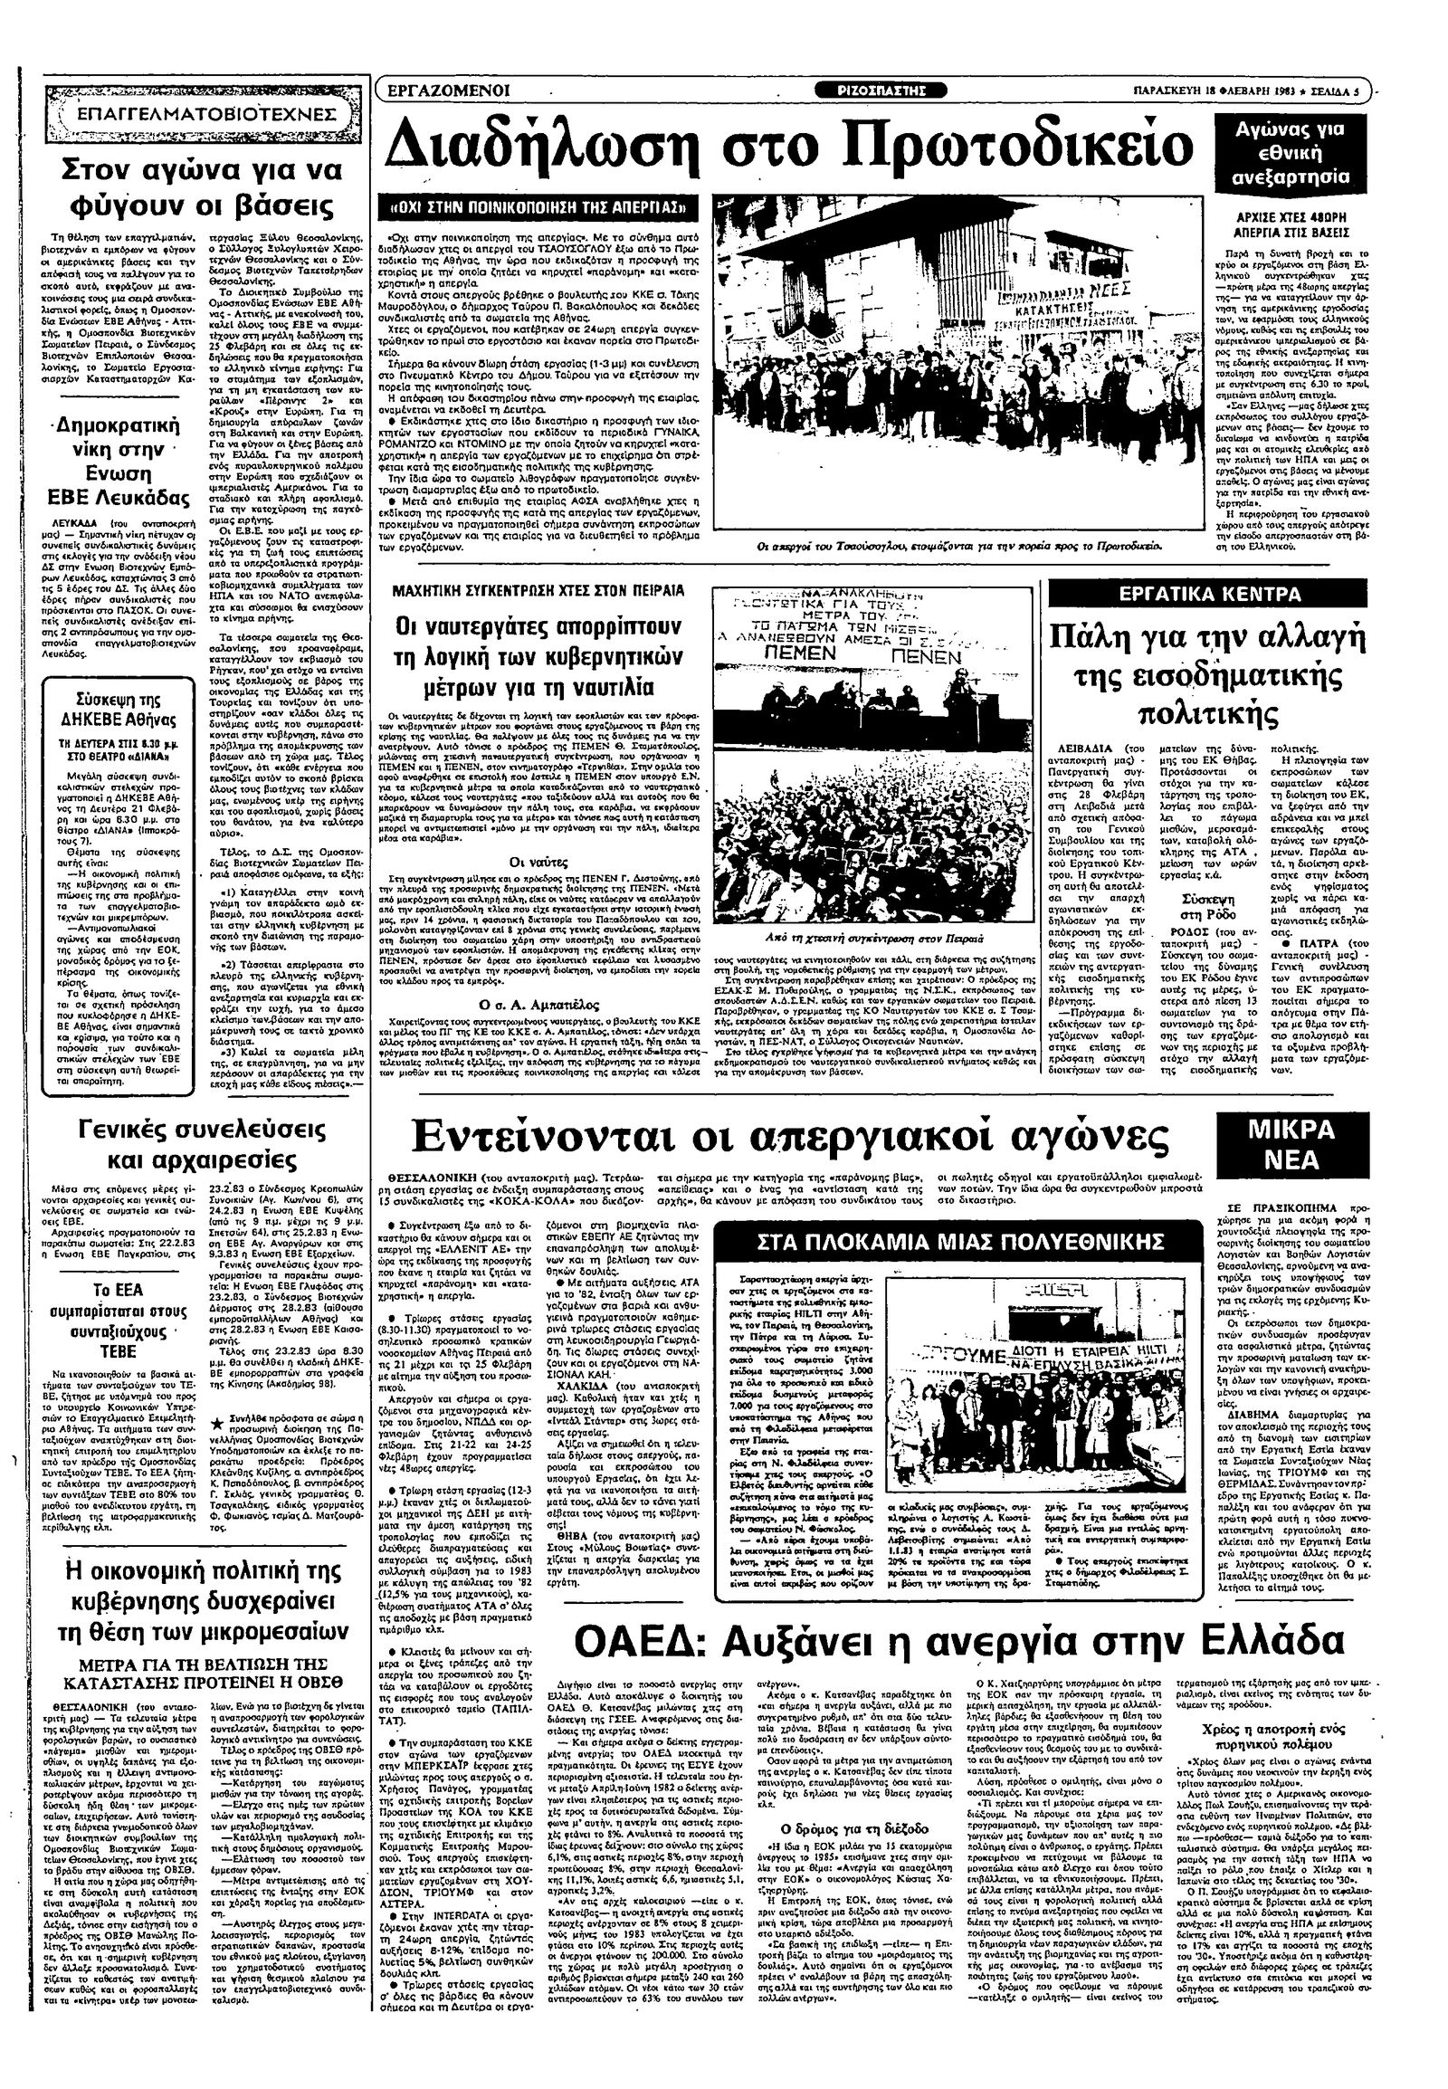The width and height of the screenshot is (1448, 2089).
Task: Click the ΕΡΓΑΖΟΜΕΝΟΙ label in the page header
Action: click(x=448, y=90)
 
